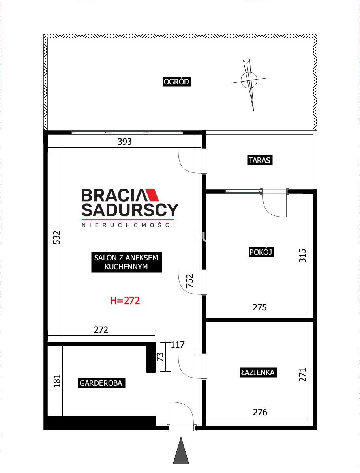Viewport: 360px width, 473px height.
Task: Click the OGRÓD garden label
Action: click(x=176, y=82)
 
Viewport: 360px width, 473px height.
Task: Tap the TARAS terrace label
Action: click(x=260, y=160)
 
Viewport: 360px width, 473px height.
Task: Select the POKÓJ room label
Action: click(x=261, y=252)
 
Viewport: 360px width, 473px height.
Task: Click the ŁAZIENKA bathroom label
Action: click(x=258, y=372)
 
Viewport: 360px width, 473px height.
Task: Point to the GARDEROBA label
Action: click(x=101, y=383)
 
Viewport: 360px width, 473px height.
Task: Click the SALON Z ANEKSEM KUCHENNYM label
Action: click(x=126, y=262)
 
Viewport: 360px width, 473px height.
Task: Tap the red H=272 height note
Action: click(x=125, y=301)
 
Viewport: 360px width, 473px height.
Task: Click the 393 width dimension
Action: click(x=125, y=142)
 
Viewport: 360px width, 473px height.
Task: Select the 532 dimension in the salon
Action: click(x=57, y=237)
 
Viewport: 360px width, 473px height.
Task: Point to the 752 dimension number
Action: click(x=189, y=280)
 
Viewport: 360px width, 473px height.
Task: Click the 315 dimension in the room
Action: click(x=302, y=255)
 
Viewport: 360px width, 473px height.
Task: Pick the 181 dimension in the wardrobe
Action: click(x=57, y=381)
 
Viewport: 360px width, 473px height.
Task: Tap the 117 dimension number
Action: click(x=178, y=344)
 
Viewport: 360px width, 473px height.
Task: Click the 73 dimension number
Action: click(x=160, y=357)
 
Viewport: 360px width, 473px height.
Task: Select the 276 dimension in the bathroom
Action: click(x=260, y=412)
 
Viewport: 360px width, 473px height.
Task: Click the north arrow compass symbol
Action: click(x=249, y=81)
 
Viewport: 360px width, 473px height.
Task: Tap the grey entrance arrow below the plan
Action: click(x=181, y=451)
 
